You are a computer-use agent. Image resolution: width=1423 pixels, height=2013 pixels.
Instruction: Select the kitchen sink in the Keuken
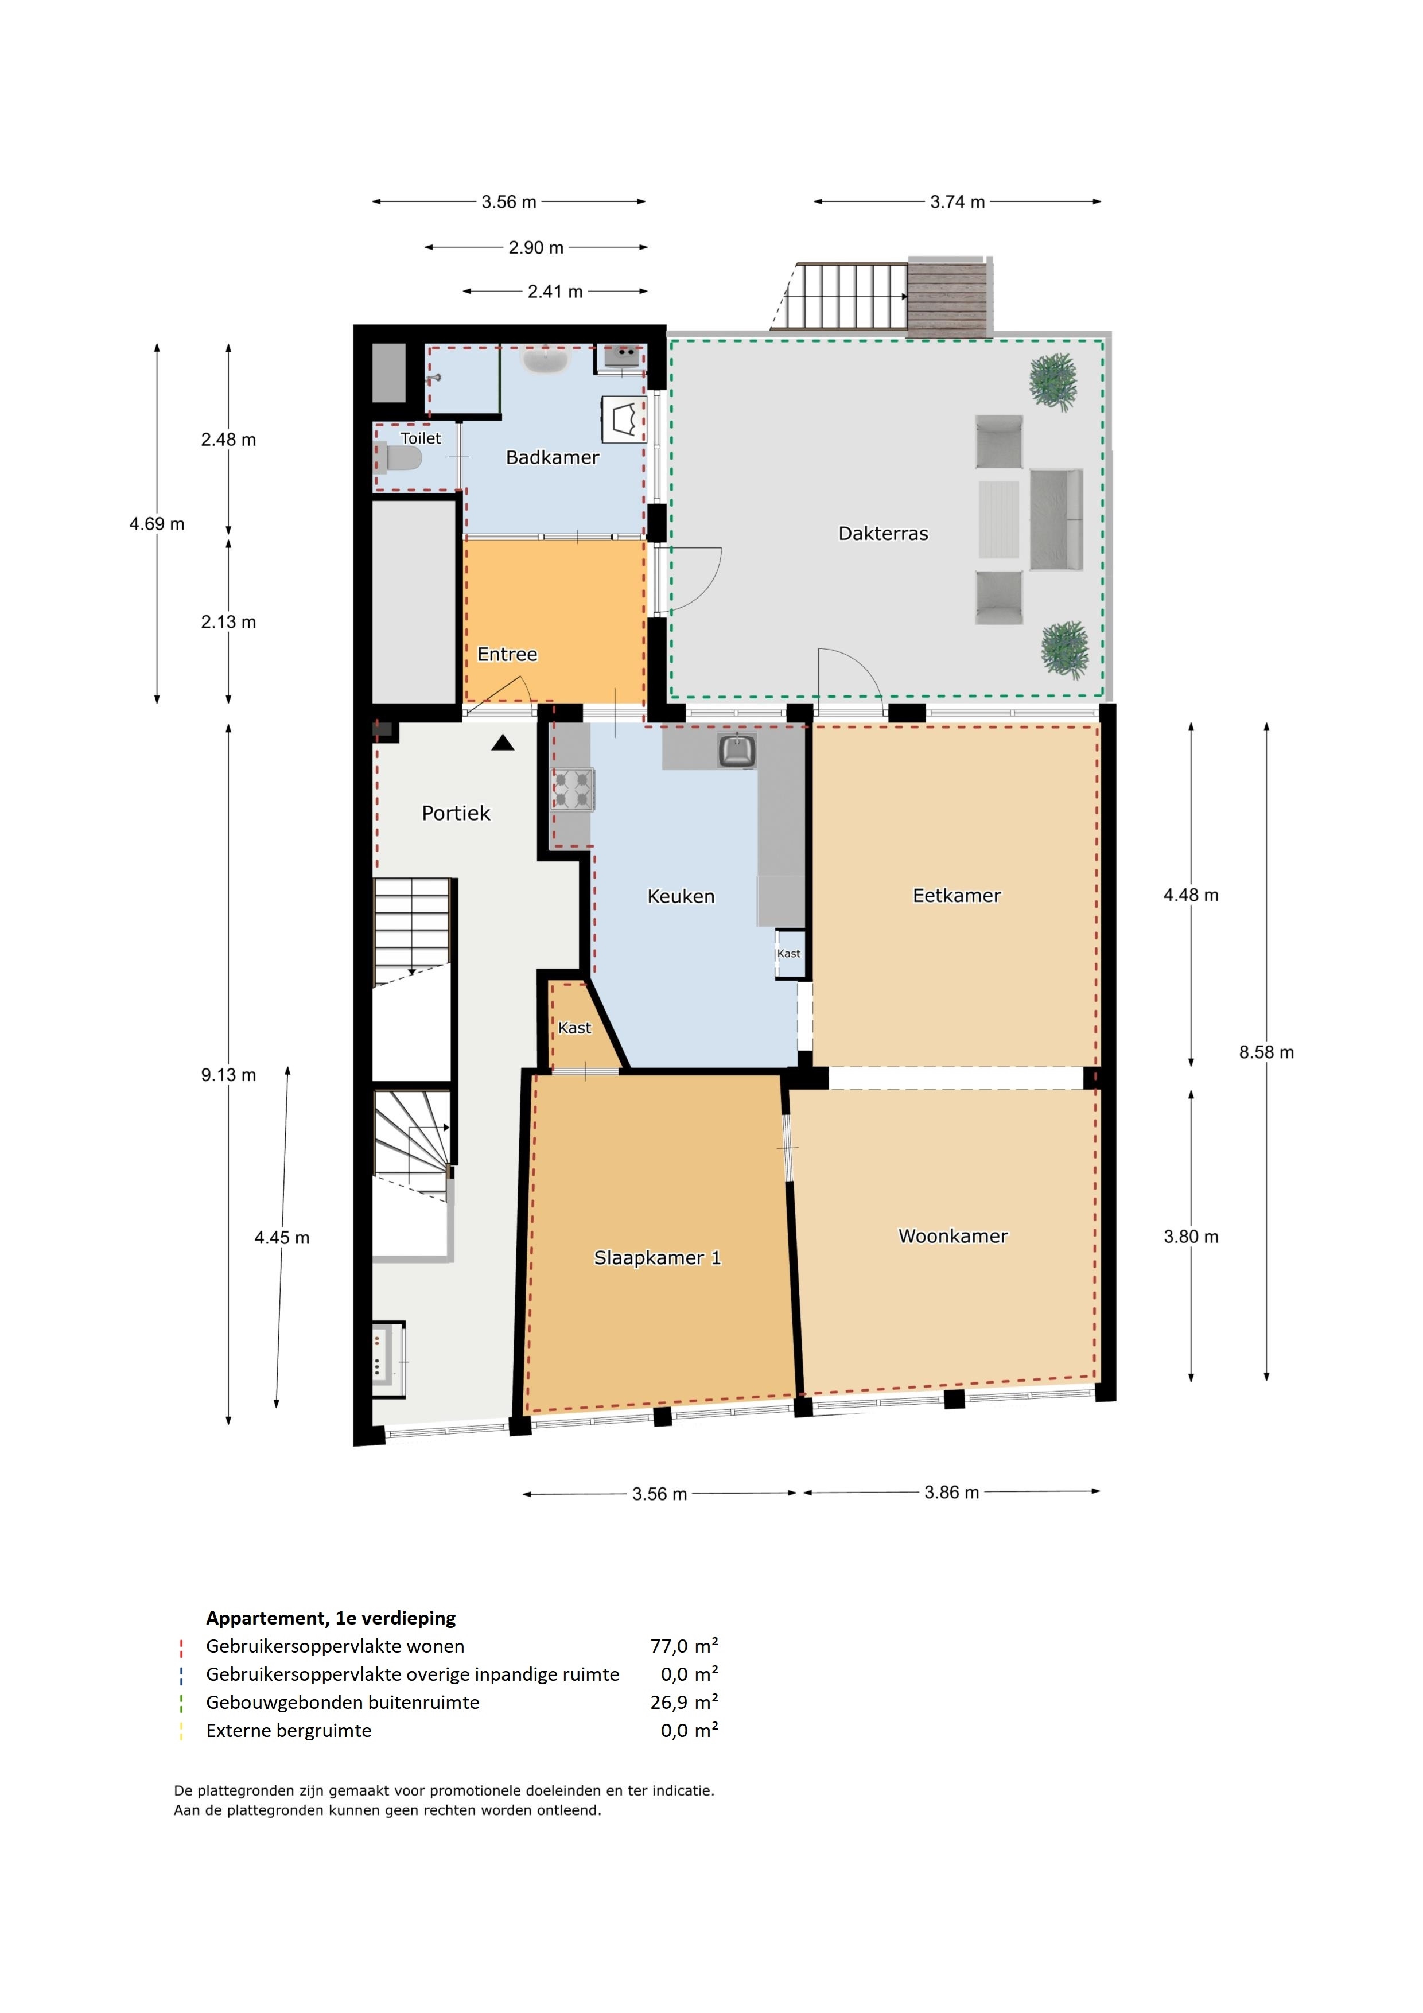(x=737, y=751)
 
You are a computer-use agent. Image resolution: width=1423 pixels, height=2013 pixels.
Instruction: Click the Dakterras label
(x=883, y=533)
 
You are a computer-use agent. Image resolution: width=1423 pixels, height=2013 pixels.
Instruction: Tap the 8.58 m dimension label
(x=1266, y=1052)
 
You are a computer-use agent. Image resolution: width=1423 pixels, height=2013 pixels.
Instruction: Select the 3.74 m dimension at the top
(x=958, y=201)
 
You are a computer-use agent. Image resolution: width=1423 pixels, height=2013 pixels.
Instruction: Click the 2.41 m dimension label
(x=555, y=291)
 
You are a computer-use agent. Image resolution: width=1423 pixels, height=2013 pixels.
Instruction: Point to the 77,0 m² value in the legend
(x=684, y=1646)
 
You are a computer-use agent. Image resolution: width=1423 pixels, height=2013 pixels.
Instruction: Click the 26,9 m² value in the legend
(x=684, y=1702)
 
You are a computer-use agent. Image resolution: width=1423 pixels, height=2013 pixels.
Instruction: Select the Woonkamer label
(x=953, y=1235)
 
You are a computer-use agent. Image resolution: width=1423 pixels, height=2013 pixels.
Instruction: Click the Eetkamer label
(x=957, y=895)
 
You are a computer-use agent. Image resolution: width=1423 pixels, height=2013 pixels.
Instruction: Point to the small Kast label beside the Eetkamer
(x=788, y=953)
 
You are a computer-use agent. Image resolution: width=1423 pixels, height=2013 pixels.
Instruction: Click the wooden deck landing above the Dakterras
(x=950, y=296)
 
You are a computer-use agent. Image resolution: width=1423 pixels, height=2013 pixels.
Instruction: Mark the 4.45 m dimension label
(x=281, y=1237)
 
